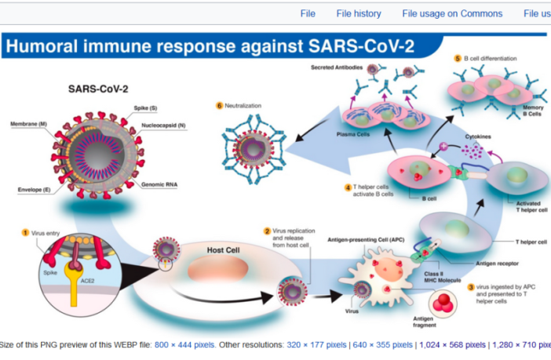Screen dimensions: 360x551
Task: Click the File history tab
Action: (358, 13)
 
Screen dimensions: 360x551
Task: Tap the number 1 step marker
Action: (24, 233)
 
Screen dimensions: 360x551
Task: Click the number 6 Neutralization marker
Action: (220, 105)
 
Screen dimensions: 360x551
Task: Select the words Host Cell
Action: (224, 250)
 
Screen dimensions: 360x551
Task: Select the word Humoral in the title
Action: (48, 45)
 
